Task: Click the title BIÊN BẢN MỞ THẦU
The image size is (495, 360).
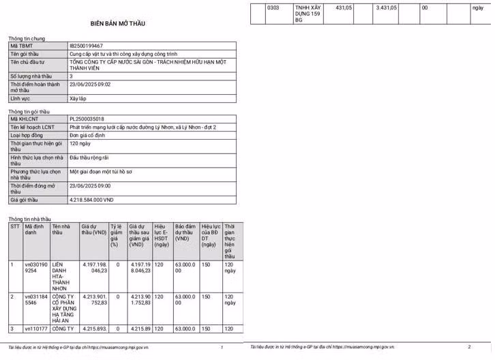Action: [x=117, y=24]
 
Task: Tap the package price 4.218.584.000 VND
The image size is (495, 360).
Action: [x=91, y=200]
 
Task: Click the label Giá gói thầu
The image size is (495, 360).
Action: [x=24, y=200]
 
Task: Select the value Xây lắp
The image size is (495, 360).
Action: [x=78, y=99]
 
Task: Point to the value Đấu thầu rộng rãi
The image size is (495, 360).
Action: [x=91, y=157]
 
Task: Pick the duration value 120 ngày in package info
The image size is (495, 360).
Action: [x=80, y=144]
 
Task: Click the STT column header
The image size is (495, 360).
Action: [x=15, y=226]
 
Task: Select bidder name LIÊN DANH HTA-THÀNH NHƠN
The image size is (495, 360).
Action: [x=62, y=276]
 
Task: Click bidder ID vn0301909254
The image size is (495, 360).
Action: [x=36, y=267]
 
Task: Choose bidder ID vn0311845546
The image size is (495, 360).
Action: [x=36, y=300]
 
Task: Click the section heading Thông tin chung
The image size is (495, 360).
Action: [x=27, y=38]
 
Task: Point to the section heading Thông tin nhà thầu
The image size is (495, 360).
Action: [x=30, y=219]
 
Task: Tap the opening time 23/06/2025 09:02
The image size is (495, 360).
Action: [x=89, y=85]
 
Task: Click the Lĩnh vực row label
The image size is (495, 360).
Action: [x=20, y=99]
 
